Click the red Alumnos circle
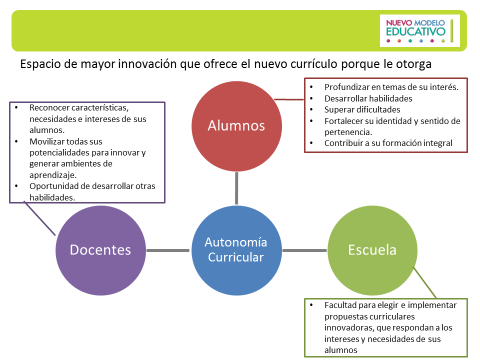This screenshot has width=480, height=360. tap(236, 125)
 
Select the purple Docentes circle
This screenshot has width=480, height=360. tap(100, 249)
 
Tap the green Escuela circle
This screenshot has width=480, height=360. tap(372, 249)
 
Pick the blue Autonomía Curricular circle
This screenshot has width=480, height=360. tap(236, 249)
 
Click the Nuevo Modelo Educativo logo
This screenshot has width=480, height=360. tap(419, 30)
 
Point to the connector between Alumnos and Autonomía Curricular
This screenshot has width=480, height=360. tap(236, 187)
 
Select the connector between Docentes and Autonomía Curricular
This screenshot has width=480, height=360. tap(169, 249)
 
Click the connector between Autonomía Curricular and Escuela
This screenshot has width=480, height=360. tap(304, 249)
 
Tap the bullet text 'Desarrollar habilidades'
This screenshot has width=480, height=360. tap(368, 98)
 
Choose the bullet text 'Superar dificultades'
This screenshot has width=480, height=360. tap(362, 109)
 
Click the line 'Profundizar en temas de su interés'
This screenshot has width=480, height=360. tap(391, 87)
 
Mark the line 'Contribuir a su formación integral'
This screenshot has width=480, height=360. tap(388, 143)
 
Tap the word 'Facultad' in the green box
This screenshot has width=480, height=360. tap(340, 304)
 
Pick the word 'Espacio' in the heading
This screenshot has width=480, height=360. tap(37, 64)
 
